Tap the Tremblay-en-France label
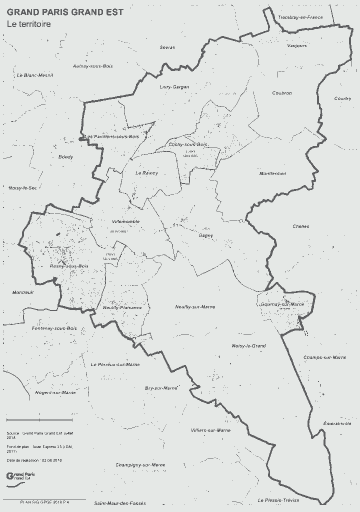point(300,17)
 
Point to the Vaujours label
point(297,45)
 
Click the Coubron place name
point(282,93)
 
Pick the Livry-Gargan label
point(174,87)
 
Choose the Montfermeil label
point(272,173)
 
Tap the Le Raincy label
point(146,173)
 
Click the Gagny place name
point(205,235)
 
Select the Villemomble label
point(126,221)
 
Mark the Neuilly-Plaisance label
point(122,307)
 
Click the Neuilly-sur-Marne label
point(195,306)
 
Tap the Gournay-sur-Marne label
point(282,304)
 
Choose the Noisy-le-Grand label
point(248,346)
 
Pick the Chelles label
point(300,226)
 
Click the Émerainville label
point(337,423)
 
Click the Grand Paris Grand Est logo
point(20,476)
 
